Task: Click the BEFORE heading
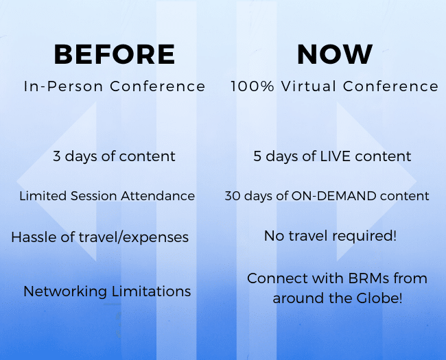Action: [115, 54]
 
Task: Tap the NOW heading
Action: [335, 54]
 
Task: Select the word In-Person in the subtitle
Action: [63, 86]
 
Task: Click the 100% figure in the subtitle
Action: [253, 86]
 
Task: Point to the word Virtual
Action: [308, 86]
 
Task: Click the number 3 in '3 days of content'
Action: [56, 156]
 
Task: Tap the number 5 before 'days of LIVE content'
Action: [257, 156]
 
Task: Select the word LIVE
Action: [336, 156]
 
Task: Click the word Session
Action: [93, 196]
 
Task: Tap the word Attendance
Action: [158, 196]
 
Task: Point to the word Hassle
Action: [34, 237]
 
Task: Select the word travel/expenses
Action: [133, 238]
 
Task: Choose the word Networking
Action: [65, 291]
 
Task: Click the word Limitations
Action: [151, 291]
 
